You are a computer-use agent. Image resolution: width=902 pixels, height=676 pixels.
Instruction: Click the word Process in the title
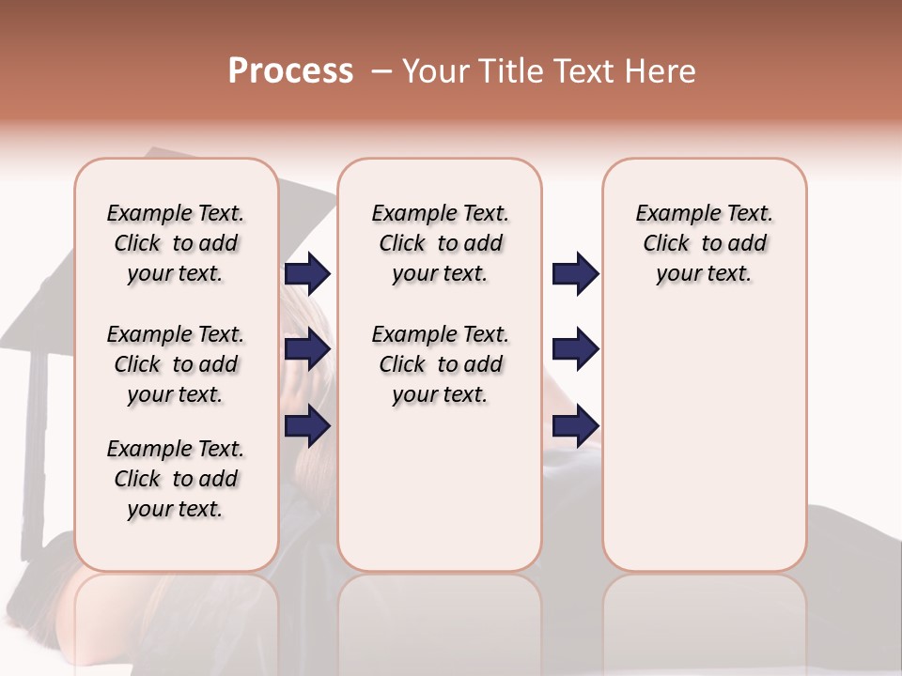click(x=290, y=71)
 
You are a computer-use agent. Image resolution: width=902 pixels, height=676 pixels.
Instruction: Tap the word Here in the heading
click(x=661, y=71)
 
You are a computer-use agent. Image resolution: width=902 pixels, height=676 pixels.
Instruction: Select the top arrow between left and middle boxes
click(x=307, y=274)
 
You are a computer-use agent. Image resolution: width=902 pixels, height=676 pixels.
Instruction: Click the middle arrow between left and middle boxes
click(x=307, y=350)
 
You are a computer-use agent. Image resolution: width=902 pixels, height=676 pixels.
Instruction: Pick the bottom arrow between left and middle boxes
click(x=307, y=426)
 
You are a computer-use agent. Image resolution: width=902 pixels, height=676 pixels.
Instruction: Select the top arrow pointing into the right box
click(x=575, y=274)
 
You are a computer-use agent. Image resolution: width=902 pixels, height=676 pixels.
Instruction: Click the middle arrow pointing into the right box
click(x=575, y=349)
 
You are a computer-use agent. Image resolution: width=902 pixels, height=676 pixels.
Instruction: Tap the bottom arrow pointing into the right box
click(x=575, y=426)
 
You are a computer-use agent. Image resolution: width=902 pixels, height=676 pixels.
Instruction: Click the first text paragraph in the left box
click(x=176, y=243)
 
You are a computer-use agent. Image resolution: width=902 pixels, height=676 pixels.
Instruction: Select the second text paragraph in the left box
click(x=176, y=364)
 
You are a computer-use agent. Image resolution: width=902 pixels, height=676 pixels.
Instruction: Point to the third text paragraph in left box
click(x=176, y=479)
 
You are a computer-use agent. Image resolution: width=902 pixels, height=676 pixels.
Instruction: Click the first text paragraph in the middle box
click(x=440, y=243)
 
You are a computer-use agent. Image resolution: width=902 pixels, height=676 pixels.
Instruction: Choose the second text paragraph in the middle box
click(x=440, y=364)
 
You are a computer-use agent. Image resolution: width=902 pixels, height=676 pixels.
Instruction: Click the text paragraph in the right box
click(x=704, y=243)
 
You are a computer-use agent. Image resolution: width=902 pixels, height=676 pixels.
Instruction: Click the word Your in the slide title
click(x=434, y=71)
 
